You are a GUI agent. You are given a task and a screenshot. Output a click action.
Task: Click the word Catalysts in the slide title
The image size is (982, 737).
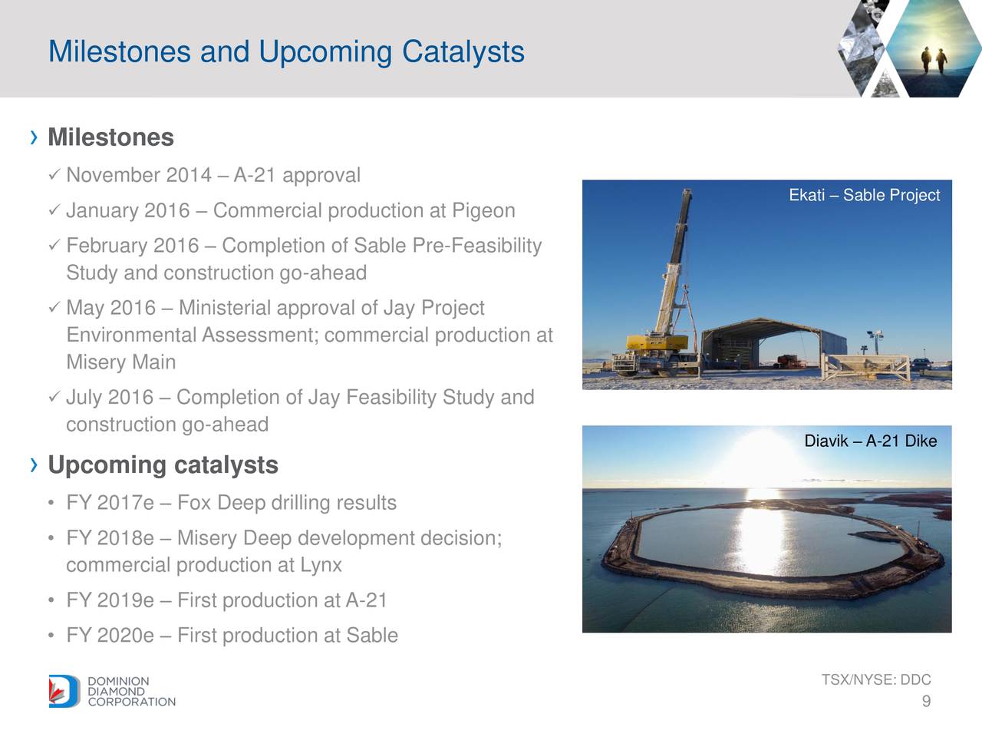click(x=463, y=52)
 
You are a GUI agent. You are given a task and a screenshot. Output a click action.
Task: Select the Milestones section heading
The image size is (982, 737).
click(x=110, y=137)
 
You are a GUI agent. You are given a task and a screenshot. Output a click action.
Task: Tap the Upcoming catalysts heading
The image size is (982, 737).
click(x=163, y=465)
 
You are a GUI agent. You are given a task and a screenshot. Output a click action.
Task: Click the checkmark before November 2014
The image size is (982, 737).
click(x=54, y=175)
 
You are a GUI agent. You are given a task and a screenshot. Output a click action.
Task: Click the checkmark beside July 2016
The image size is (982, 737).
click(x=54, y=396)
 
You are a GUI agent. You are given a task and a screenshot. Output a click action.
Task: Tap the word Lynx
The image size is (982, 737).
click(x=321, y=565)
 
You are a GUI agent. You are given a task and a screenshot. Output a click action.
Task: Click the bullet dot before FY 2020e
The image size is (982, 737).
click(x=51, y=636)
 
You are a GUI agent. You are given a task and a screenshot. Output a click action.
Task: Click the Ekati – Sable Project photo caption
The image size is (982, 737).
click(x=865, y=195)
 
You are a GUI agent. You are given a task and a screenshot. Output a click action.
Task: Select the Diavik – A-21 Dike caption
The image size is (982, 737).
click(x=871, y=441)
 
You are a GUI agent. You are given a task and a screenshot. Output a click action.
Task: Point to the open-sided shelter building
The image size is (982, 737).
click(x=774, y=345)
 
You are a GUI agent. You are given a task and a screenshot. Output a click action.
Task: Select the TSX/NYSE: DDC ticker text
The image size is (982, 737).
click(x=876, y=679)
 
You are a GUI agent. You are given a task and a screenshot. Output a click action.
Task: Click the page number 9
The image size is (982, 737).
click(x=926, y=701)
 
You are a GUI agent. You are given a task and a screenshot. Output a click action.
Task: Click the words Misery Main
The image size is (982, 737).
click(x=120, y=362)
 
